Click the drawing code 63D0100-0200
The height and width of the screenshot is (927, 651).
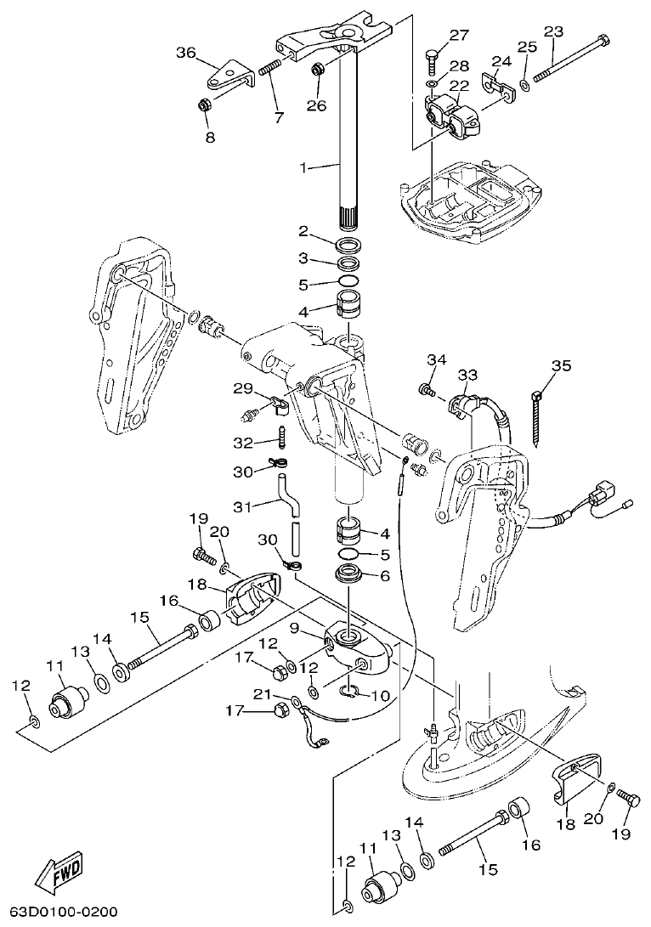point(59,912)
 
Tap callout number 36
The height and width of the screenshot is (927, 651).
point(186,54)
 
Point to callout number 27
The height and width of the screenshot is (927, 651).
point(459,35)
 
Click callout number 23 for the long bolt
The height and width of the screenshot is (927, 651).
point(553,31)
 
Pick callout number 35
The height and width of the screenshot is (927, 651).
point(561,366)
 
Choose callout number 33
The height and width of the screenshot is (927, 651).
point(467,374)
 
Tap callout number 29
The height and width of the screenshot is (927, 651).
point(244,388)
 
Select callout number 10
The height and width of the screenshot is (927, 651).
point(381,696)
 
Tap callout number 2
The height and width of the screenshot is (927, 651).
point(303,231)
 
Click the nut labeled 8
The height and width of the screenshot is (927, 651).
point(205,106)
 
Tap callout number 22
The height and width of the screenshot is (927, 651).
point(459,86)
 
